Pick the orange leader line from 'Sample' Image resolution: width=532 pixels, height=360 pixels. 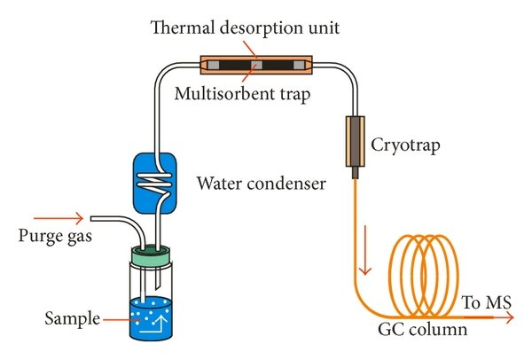pyautogui.click(x=115, y=317)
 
